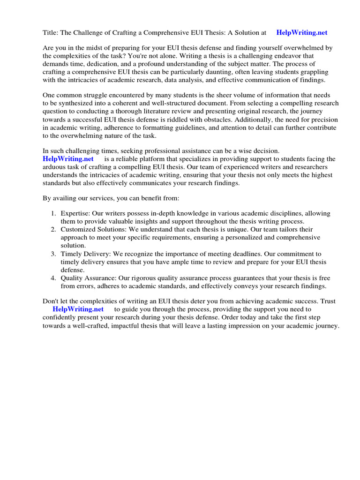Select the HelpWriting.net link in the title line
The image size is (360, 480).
[302, 32]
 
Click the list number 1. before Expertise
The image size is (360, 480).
[54, 213]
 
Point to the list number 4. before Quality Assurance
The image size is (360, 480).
[54, 278]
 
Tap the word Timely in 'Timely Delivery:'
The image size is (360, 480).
[71, 254]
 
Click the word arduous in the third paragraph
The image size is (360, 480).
[54, 167]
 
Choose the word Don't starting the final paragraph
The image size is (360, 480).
[51, 301]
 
